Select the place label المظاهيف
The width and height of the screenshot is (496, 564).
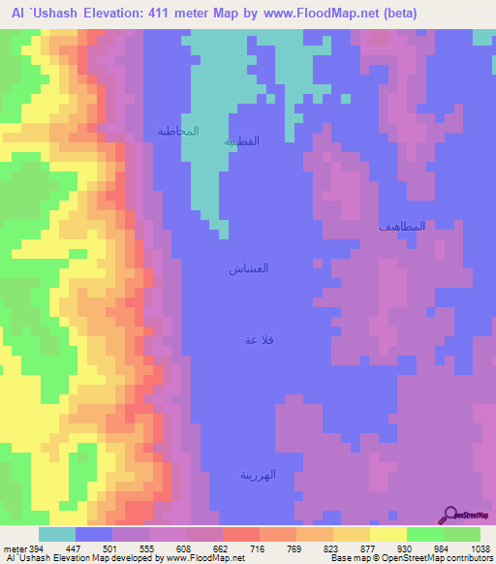point(402,226)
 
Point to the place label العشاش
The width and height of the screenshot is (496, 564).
point(248,268)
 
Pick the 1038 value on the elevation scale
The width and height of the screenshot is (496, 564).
point(481,548)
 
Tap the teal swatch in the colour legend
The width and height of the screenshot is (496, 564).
point(57,534)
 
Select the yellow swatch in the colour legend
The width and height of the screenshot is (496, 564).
point(388,534)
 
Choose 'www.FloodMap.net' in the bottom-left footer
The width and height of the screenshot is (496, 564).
point(204,558)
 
